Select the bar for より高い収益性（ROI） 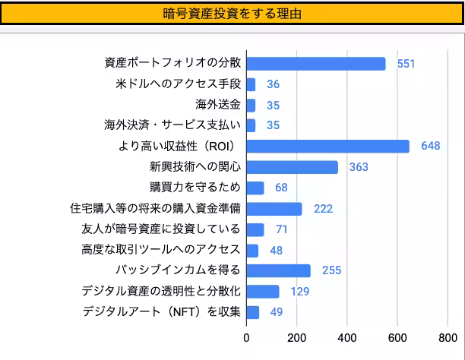pos(327,146)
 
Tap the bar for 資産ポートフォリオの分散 pos(316,64)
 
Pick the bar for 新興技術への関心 pos(293,167)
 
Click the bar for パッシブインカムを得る pos(279,270)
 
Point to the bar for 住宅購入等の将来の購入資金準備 pos(274,209)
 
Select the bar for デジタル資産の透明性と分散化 pos(263,292)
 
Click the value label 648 pos(431,146)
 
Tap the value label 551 pos(406,64)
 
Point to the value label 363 pos(359,167)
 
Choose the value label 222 pos(323,209)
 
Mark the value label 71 pos(281,229)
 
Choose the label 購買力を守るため pos(195,188)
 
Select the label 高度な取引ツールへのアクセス pos(160,250)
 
